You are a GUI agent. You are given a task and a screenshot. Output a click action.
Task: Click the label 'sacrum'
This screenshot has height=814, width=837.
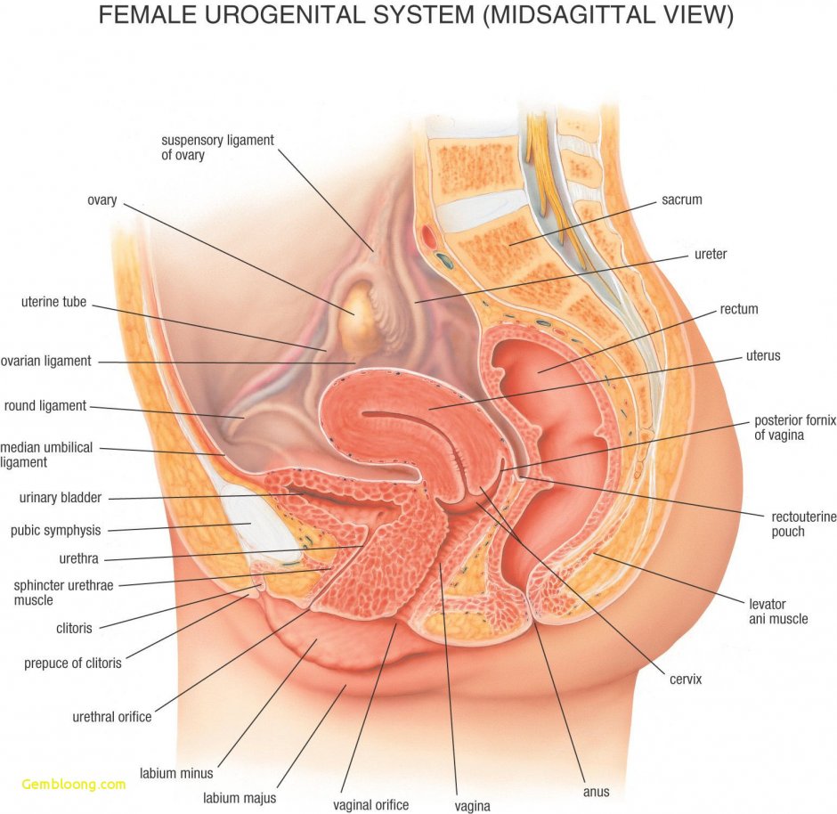pos(681,200)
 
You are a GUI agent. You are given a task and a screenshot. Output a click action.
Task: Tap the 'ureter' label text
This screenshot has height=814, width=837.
pos(711,255)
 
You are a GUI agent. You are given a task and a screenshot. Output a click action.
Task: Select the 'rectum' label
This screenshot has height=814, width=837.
pos(739,310)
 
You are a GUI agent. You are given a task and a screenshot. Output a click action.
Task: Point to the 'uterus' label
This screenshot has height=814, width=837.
pos(763,356)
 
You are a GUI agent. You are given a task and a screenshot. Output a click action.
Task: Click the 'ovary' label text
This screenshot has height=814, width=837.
pos(102,200)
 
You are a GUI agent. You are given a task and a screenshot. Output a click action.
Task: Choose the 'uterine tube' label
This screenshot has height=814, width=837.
pos(53,303)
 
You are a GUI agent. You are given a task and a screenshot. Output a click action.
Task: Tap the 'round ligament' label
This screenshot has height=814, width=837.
pos(45,406)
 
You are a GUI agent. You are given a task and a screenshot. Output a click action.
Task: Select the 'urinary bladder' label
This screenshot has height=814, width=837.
pos(60,498)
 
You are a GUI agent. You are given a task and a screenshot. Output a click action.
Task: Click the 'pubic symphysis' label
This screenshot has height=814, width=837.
pos(55,531)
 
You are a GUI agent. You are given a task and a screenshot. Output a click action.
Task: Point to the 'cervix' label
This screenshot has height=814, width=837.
pos(686,680)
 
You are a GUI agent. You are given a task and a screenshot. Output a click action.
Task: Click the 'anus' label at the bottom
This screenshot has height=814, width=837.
pos(596,791)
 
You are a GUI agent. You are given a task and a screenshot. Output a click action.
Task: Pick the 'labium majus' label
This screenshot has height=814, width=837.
pos(239,798)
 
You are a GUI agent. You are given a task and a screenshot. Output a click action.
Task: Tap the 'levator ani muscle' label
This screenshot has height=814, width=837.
pos(778,611)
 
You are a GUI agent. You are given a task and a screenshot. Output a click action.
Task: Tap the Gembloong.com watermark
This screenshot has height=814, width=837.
pos(74,785)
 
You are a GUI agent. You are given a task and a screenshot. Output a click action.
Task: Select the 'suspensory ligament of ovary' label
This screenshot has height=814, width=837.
pos(217,148)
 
